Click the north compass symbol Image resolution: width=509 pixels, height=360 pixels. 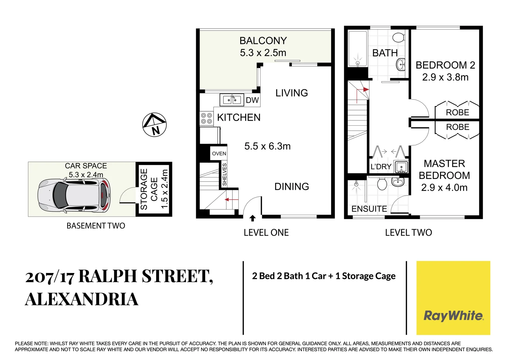pyautogui.click(x=154, y=125)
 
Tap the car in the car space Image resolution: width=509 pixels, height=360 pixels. pyautogui.click(x=74, y=196)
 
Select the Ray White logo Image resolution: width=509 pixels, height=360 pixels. pyautogui.click(x=453, y=315)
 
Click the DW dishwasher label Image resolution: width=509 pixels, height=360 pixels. pyautogui.click(x=252, y=100)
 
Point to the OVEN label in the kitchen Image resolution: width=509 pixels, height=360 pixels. pyautogui.click(x=219, y=154)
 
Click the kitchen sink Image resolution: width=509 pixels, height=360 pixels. pyautogui.click(x=232, y=100)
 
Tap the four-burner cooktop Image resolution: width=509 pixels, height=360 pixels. pyautogui.click(x=206, y=118)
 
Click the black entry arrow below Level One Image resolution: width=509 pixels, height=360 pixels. pyautogui.click(x=253, y=218)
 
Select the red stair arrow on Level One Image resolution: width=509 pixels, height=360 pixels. pyautogui.click(x=232, y=200)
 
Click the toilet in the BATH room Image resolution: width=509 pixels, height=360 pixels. pyautogui.click(x=398, y=37)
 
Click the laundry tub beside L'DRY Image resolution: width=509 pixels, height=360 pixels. pyautogui.click(x=401, y=167)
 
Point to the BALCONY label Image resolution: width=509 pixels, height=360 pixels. pyautogui.click(x=263, y=41)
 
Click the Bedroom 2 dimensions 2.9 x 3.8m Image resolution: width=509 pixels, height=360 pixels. pyautogui.click(x=445, y=77)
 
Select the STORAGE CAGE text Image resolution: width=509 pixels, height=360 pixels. pyautogui.click(x=149, y=189)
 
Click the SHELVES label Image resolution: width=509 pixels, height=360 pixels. pyautogui.click(x=224, y=174)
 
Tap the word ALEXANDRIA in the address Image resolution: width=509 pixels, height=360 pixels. pyautogui.click(x=82, y=299)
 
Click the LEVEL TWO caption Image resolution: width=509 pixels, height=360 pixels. pyautogui.click(x=408, y=233)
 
